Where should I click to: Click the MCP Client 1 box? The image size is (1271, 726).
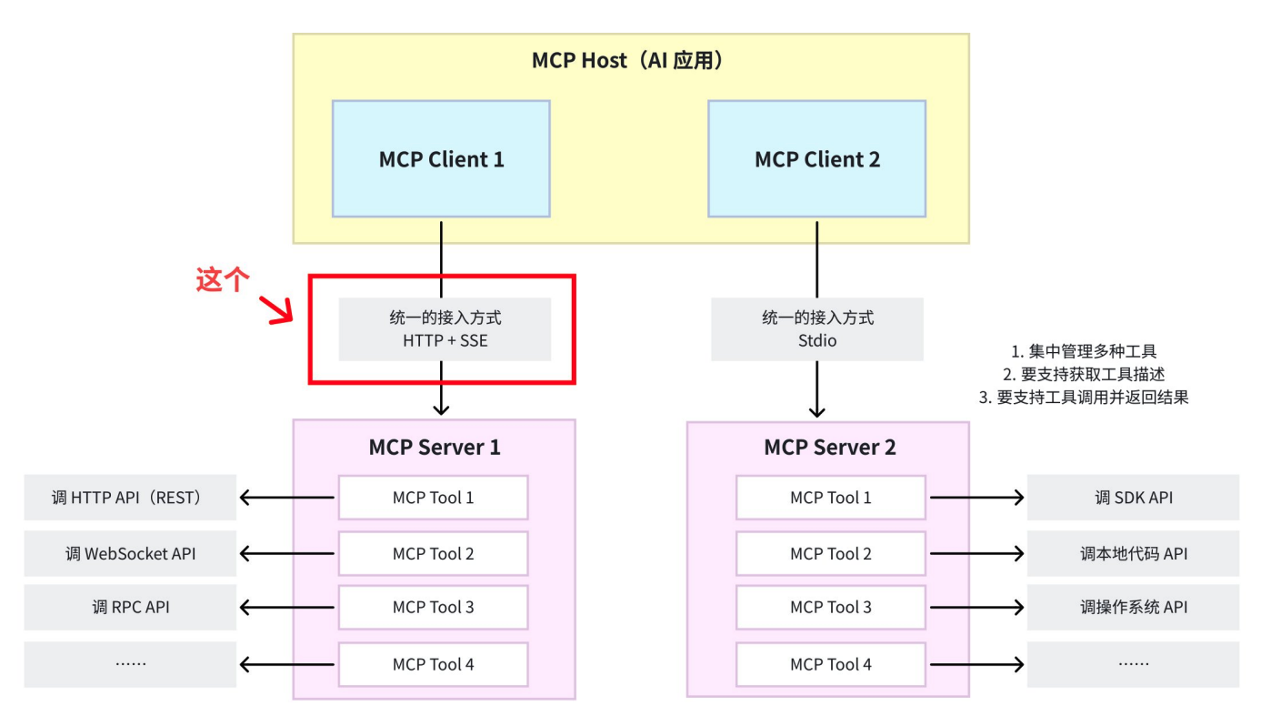coord(441,159)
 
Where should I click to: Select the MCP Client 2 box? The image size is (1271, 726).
coord(816,159)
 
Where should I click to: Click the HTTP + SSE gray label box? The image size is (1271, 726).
coord(445,328)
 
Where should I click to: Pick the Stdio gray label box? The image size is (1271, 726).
coord(816,328)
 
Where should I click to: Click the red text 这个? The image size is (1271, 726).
coord(223,280)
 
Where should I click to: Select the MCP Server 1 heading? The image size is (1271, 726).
coord(434,448)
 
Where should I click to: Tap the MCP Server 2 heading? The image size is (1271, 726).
coord(829,448)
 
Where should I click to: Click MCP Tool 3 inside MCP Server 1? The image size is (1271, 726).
coord(433,608)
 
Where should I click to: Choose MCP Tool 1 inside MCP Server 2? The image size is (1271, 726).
coord(830,498)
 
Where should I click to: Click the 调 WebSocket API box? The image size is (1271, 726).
coord(130,553)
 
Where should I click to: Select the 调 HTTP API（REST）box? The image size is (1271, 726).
coord(130,498)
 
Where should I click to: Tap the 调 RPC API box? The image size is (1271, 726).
coord(130,608)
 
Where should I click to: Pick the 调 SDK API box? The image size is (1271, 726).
coord(1133,498)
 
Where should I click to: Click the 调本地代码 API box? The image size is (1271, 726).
coord(1133,553)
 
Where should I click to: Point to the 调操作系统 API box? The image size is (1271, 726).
coord(1133,608)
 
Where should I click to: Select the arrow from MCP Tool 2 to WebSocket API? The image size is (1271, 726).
coord(286,553)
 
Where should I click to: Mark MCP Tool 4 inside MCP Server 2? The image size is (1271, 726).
coord(830,664)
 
